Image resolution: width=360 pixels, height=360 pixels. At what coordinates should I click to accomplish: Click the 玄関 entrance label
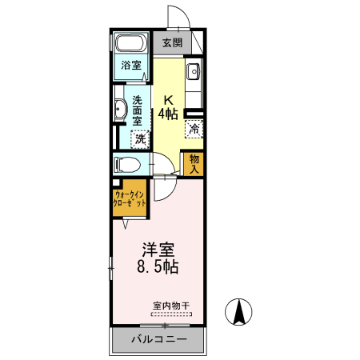(x=172, y=42)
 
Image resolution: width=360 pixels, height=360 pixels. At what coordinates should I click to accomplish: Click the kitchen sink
(x=194, y=74)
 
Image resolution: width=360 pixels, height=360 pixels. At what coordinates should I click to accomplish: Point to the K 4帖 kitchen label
(x=168, y=107)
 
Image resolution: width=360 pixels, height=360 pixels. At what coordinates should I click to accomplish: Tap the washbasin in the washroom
(x=119, y=110)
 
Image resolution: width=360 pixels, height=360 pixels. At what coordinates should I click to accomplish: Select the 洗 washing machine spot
(x=140, y=138)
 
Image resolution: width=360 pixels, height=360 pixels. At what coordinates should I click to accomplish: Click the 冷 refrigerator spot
(x=194, y=127)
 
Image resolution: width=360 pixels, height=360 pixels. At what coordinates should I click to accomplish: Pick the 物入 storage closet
(x=194, y=163)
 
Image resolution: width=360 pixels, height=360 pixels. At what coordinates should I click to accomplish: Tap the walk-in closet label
(x=130, y=199)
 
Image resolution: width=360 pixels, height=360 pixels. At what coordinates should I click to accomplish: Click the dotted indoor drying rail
(x=170, y=314)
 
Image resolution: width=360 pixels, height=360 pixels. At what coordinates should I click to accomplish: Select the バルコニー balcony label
(x=158, y=340)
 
